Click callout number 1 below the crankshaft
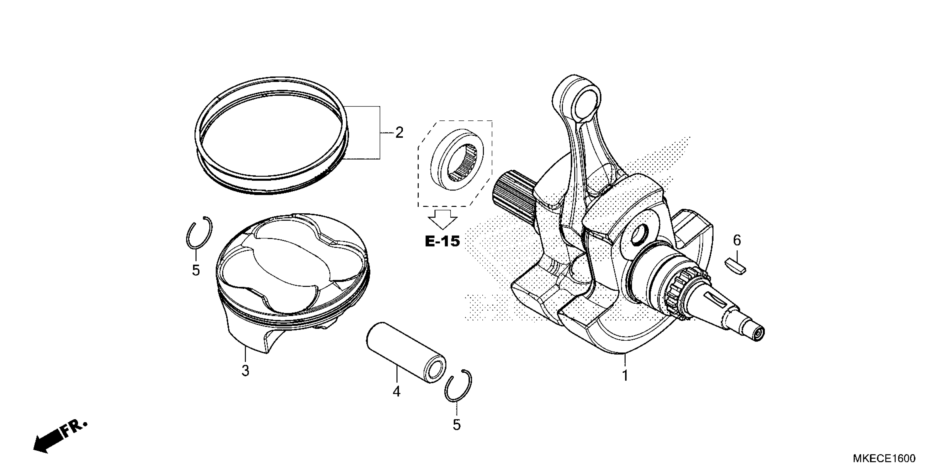pos(625,376)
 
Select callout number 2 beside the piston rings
pos(399,132)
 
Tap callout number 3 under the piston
pos(245,371)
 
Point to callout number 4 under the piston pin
pos(396,391)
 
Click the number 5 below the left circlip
pos(196,270)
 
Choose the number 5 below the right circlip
pos(456,425)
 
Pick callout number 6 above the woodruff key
pos(737,240)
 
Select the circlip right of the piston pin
pos(458,385)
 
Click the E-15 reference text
pos(442,241)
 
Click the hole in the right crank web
pos(638,236)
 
